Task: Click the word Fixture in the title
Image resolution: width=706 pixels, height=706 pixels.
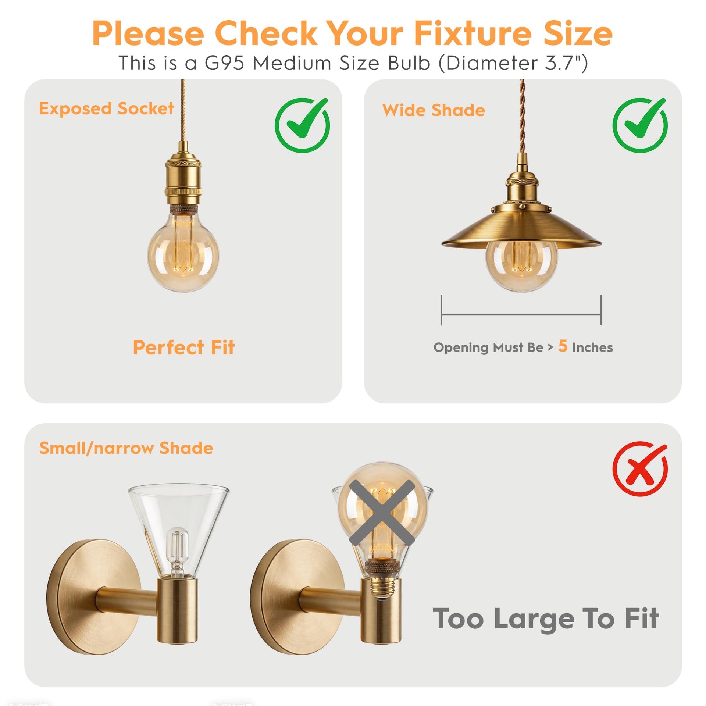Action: pyautogui.click(x=473, y=33)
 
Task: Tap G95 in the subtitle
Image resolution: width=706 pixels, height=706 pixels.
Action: pyautogui.click(x=224, y=63)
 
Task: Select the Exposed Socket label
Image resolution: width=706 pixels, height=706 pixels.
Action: pyautogui.click(x=106, y=109)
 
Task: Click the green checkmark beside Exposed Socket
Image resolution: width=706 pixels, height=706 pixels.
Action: pyautogui.click(x=302, y=125)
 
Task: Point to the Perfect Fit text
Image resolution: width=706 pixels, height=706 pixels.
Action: pyautogui.click(x=184, y=347)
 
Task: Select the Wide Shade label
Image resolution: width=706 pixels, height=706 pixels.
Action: pyautogui.click(x=434, y=110)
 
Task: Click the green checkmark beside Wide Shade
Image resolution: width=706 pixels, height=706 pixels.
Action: pyautogui.click(x=640, y=125)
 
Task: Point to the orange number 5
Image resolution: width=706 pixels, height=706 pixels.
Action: pyautogui.click(x=563, y=346)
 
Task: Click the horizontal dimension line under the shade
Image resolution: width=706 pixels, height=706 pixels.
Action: pyautogui.click(x=521, y=315)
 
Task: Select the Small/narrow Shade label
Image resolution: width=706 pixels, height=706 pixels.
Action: pyautogui.click(x=126, y=448)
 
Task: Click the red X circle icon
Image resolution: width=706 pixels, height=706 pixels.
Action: pyautogui.click(x=640, y=469)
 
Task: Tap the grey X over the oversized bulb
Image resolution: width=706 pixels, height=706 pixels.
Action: pyautogui.click(x=382, y=513)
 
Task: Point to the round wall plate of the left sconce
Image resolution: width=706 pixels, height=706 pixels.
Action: pyautogui.click(x=93, y=597)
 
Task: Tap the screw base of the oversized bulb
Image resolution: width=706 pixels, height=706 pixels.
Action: pyautogui.click(x=381, y=587)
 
